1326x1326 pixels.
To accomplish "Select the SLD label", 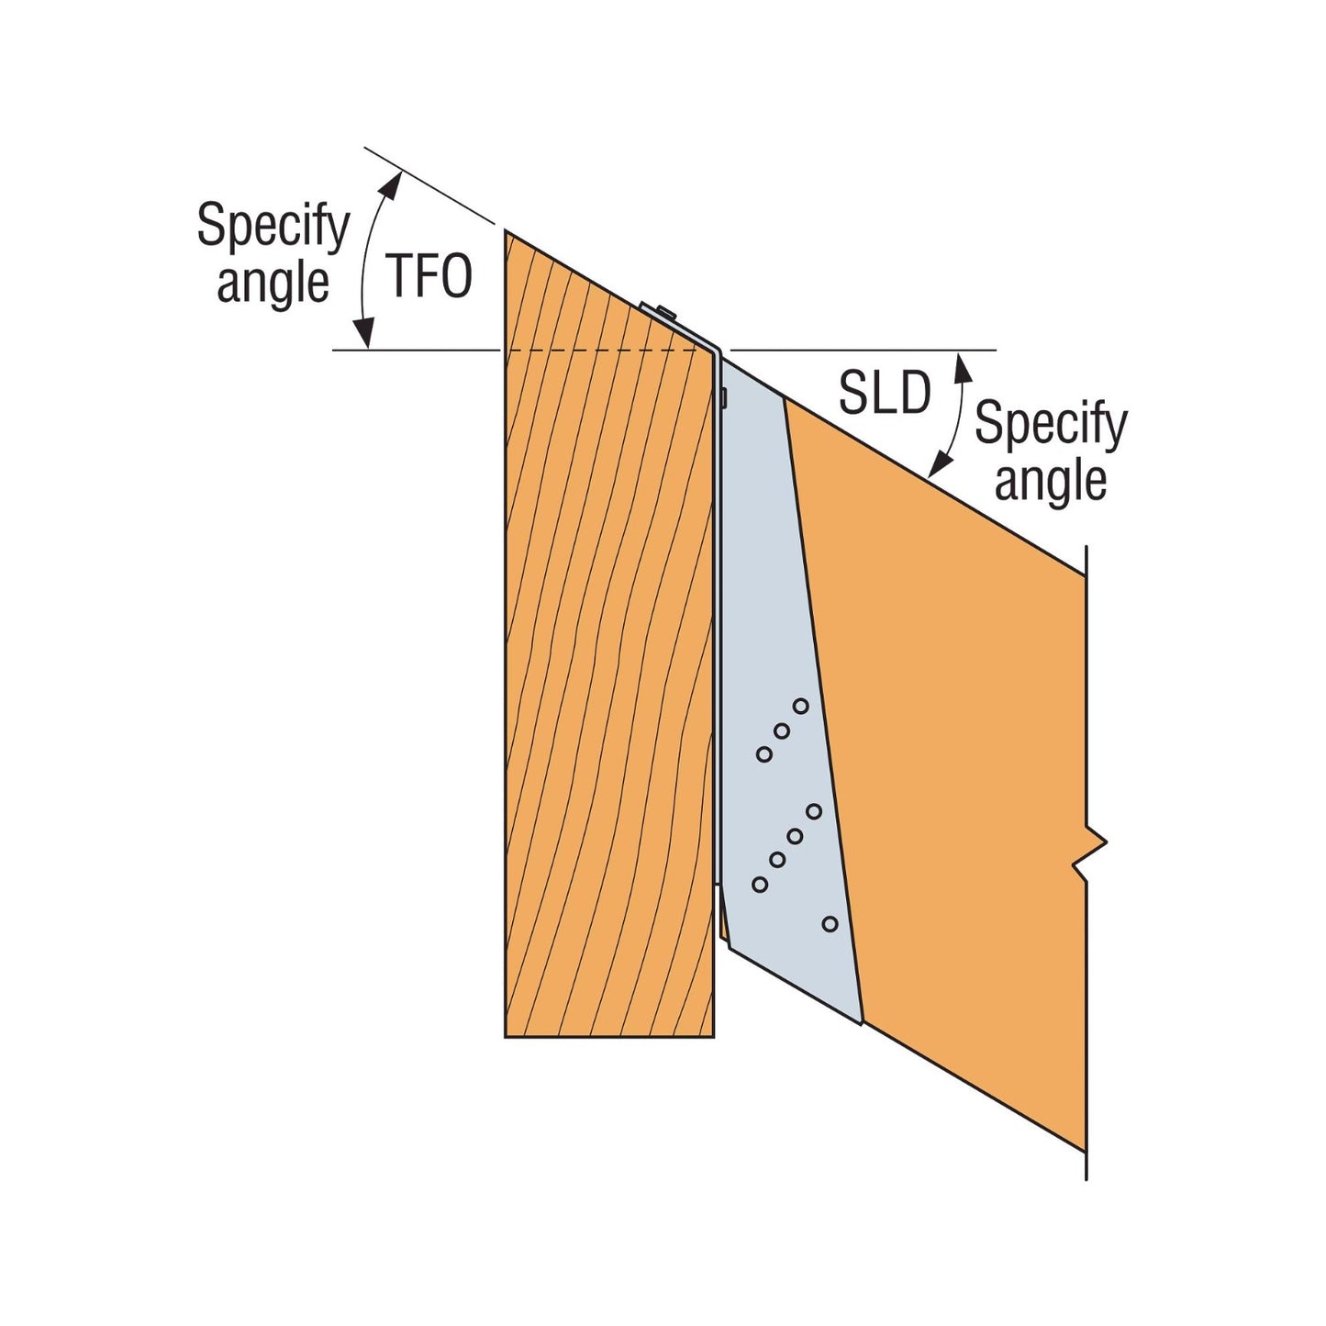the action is (885, 394).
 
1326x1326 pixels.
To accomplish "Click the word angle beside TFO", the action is (273, 284).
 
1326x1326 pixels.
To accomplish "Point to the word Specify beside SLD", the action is (1051, 425).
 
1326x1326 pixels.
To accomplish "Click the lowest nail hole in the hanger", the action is (830, 924).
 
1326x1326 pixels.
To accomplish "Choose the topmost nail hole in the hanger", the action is (800, 706).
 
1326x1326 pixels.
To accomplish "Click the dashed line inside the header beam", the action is (607, 351).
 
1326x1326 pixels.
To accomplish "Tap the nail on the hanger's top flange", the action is (665, 312).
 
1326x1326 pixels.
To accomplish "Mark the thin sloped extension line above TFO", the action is (429, 185).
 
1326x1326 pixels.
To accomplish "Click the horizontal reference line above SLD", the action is (863, 351).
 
